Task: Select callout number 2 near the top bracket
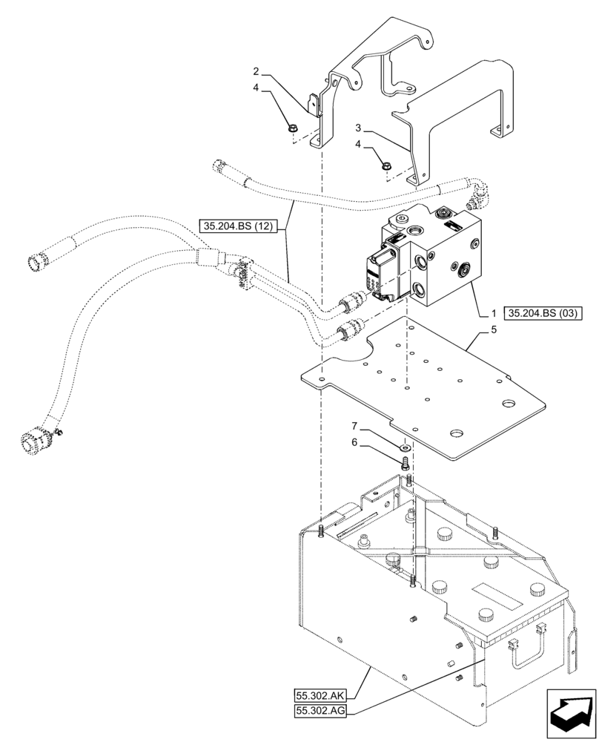tap(256, 72)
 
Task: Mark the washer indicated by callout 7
tap(405, 447)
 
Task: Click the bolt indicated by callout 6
tap(405, 464)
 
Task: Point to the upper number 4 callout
tap(256, 88)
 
